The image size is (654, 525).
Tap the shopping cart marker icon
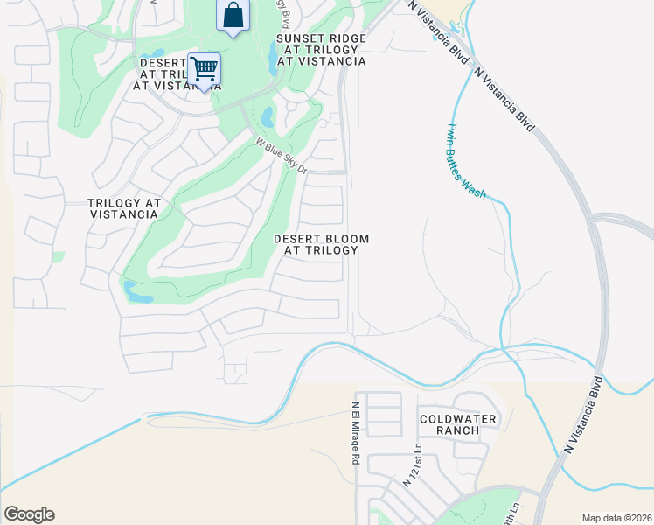tap(204, 68)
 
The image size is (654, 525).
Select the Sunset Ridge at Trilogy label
tap(321, 50)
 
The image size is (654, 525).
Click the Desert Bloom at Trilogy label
tap(321, 244)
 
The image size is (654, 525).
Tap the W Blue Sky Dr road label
tap(282, 154)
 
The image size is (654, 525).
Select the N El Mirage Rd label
tap(356, 432)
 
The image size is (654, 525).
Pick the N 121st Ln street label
tap(412, 464)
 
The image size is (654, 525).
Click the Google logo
tap(29, 514)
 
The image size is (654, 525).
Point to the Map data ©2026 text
tap(616, 518)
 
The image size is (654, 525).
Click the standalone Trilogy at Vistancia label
tap(125, 208)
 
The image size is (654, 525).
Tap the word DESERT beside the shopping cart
tap(163, 62)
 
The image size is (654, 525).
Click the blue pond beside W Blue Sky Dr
tap(268, 116)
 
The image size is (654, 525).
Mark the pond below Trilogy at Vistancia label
tap(137, 293)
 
